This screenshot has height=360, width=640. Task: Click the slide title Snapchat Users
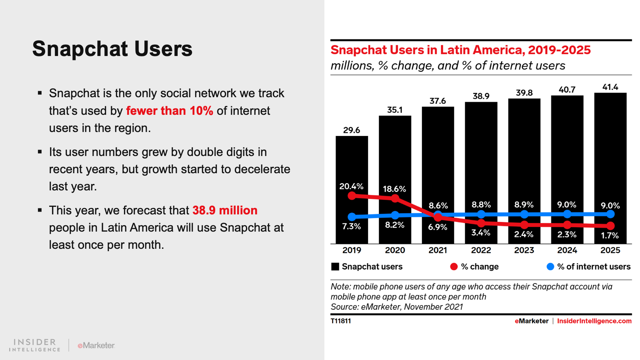tap(112, 49)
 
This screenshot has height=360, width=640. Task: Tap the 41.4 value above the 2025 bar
tap(610, 87)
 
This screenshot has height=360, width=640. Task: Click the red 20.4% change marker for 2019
tap(352, 196)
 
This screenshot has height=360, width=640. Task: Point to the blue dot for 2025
tap(610, 214)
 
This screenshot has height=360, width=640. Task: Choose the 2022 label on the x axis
tap(481, 250)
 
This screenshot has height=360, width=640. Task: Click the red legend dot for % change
tap(454, 267)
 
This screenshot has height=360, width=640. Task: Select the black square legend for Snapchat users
tap(335, 267)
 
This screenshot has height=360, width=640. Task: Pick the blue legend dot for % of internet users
tap(550, 267)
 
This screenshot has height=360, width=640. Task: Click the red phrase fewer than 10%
tap(170, 111)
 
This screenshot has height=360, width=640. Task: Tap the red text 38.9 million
tap(225, 210)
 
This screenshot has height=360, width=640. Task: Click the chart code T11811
tap(341, 321)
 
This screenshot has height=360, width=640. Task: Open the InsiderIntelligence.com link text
tap(594, 321)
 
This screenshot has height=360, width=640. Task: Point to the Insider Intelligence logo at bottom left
tap(35, 345)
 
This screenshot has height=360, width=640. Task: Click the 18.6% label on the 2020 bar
tap(394, 189)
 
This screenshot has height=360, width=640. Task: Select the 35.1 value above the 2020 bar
tap(395, 110)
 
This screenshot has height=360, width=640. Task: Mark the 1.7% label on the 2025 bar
tap(610, 236)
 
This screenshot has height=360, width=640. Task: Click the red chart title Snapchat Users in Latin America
tap(460, 50)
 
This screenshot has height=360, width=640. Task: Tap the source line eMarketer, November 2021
tap(396, 307)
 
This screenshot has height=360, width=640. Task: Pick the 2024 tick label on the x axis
tap(567, 250)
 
